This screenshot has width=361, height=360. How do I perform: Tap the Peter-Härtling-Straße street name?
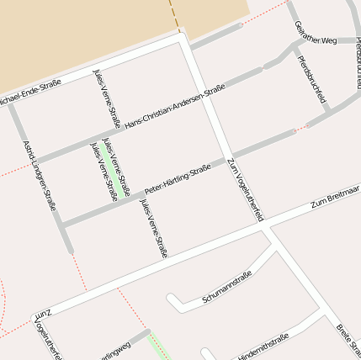[177, 179]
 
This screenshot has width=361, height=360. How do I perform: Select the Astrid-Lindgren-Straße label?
[40, 175]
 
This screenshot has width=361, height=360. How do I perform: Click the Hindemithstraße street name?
[263, 345]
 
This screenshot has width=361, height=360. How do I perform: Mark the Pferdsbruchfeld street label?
[312, 79]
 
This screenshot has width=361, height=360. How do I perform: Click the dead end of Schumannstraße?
[171, 299]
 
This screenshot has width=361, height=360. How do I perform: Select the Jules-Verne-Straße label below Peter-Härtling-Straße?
[154, 228]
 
